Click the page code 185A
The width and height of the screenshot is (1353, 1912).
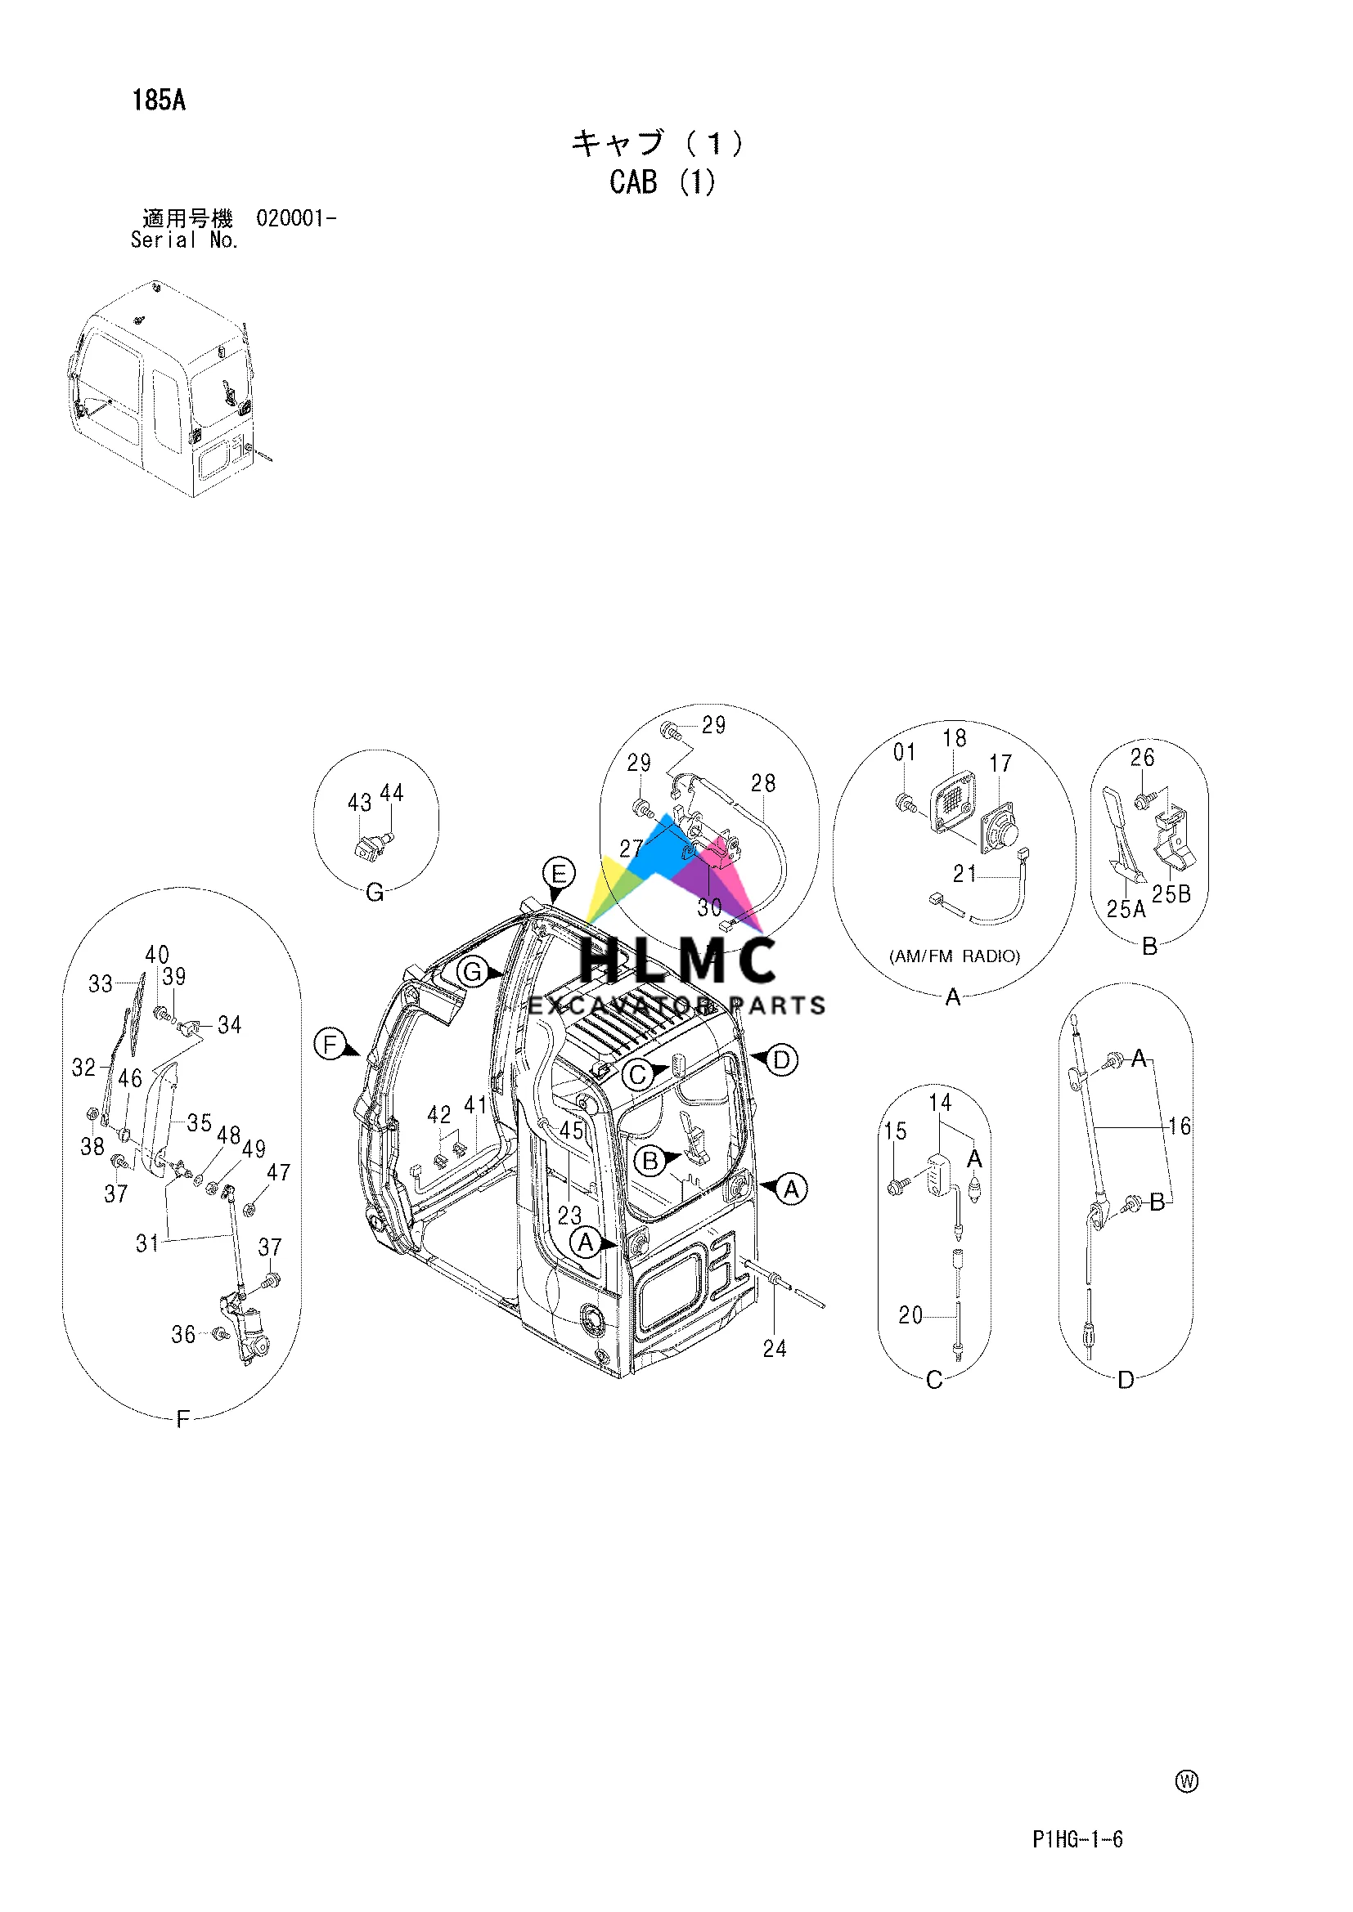point(159,101)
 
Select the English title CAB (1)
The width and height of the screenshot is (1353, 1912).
point(663,182)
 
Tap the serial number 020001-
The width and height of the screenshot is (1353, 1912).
point(296,218)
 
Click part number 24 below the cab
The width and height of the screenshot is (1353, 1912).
point(774,1348)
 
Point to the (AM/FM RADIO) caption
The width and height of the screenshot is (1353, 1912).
point(955,956)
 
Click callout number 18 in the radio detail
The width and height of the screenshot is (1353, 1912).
point(955,738)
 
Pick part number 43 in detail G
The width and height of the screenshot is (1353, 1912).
point(359,802)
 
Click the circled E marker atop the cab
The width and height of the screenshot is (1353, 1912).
point(558,874)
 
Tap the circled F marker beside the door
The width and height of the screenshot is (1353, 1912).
point(330,1043)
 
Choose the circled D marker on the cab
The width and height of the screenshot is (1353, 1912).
point(781,1060)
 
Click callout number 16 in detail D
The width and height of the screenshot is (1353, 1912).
point(1180,1126)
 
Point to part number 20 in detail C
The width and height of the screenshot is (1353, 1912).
point(910,1315)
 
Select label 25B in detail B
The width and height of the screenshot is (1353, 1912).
point(1171,894)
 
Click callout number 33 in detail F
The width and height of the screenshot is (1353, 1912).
point(101,983)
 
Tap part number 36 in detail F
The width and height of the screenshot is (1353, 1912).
point(183,1334)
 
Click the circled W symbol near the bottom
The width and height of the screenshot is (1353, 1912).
point(1186,1781)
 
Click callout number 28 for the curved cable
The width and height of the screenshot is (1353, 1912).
point(763,783)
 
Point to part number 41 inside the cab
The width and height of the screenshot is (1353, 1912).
point(476,1105)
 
